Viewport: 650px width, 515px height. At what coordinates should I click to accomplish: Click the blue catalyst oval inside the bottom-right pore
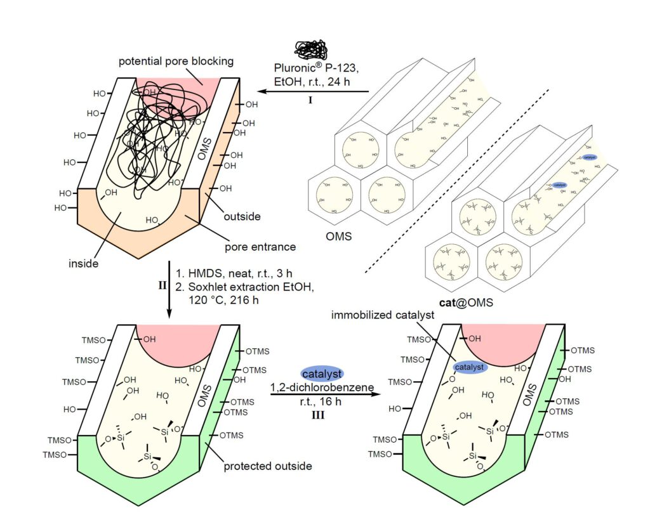tap(469, 367)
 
